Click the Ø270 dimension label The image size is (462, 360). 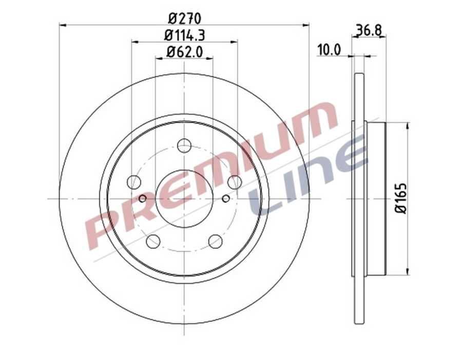click(185, 17)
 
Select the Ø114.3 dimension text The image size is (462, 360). click(185, 35)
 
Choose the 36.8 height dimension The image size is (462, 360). click(368, 30)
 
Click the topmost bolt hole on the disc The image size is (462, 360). click(184, 146)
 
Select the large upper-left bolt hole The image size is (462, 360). click(134, 182)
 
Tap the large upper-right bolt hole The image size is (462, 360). click(235, 182)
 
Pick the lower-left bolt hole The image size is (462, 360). click(153, 241)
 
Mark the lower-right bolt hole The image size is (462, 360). click(216, 241)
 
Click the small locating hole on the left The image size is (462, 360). click(143, 198)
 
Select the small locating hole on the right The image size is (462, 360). click(226, 198)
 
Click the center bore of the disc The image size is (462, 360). click(184, 199)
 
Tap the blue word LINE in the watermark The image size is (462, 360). click(308, 177)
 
